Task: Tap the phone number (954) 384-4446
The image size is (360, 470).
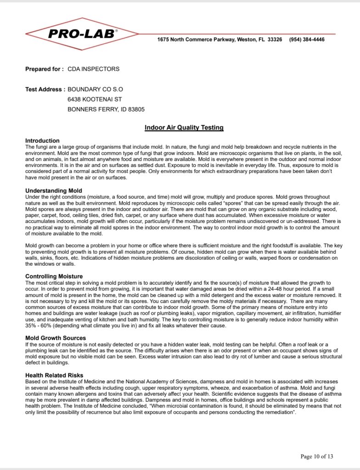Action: [307, 39]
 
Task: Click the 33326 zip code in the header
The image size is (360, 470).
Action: [274, 39]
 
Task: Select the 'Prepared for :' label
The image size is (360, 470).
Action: [45, 69]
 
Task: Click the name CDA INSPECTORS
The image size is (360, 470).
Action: [93, 69]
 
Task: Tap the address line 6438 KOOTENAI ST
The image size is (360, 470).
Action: [95, 100]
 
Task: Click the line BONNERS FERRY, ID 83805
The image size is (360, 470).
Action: [106, 110]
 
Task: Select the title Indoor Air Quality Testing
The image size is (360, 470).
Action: [184, 127]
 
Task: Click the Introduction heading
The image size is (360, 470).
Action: [42, 141]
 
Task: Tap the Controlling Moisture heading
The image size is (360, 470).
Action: [54, 276]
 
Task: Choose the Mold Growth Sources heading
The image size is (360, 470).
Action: [56, 338]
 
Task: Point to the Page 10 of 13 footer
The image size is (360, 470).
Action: [316, 456]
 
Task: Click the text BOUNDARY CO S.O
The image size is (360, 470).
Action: [95, 90]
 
